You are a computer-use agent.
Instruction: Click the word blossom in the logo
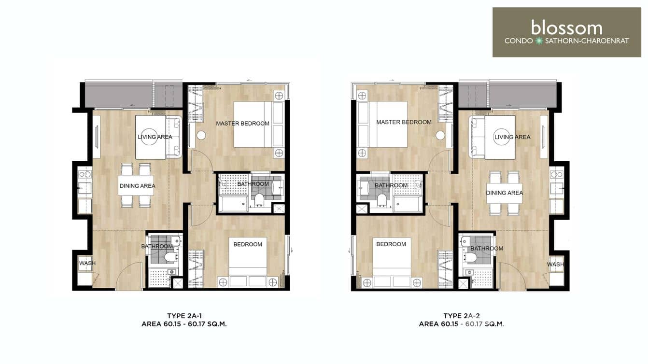pos(566,28)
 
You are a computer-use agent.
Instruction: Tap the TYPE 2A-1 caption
pos(183,316)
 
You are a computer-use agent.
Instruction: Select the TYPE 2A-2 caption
pos(461,316)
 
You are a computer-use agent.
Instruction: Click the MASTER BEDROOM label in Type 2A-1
pos(242,124)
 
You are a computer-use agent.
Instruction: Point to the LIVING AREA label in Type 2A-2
pos(512,137)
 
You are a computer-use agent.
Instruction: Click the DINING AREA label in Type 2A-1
pos(137,186)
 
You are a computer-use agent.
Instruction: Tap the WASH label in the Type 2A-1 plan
pos(87,263)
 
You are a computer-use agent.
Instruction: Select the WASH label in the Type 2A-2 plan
pos(555,265)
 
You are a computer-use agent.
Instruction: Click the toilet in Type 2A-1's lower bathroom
pos(169,256)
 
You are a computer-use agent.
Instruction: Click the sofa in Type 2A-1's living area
pos(174,137)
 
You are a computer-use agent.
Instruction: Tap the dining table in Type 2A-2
pos(504,193)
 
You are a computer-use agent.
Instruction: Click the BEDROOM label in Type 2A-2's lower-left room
pos(391,244)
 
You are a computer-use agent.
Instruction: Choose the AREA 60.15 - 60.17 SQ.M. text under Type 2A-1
pos(183,324)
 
